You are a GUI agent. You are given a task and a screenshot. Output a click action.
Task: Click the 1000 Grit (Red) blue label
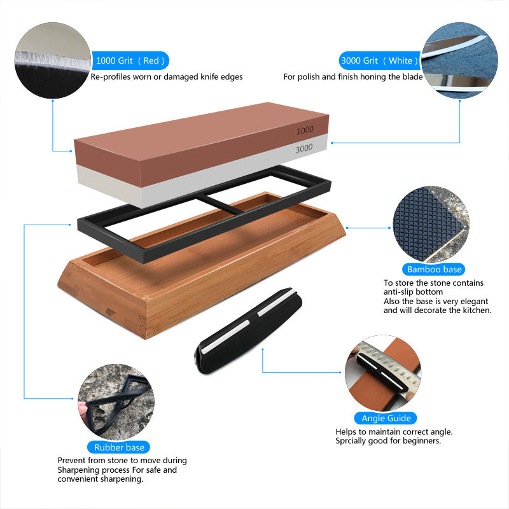(130, 61)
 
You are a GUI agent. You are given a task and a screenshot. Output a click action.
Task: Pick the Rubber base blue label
(119, 447)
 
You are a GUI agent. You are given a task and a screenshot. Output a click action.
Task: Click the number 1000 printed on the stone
(305, 130)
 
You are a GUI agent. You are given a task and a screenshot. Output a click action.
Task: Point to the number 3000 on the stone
(304, 148)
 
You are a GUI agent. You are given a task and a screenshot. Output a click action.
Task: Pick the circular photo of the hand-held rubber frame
(115, 407)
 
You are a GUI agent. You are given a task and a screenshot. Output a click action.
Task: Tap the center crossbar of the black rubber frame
(220, 204)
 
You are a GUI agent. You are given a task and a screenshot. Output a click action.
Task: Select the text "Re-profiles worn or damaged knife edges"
(167, 77)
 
